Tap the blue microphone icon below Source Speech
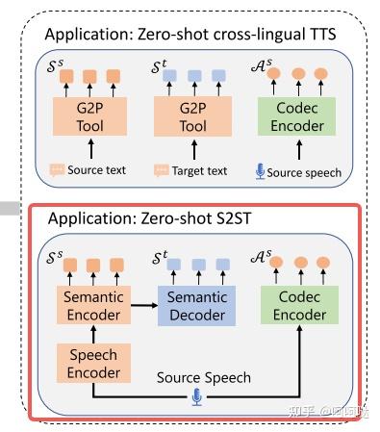point(198,396)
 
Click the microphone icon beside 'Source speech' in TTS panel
point(260,172)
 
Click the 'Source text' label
point(100,172)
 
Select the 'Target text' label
point(200,172)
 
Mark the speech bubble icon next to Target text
point(161,172)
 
